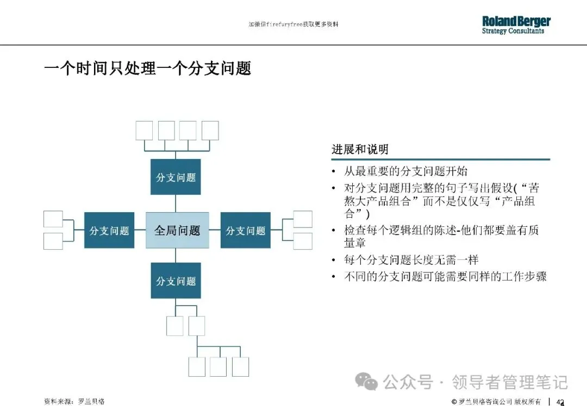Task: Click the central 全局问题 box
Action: click(x=177, y=231)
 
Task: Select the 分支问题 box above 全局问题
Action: click(x=176, y=177)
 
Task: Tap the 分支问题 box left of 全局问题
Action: click(x=109, y=231)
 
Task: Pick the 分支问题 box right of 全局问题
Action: click(x=245, y=231)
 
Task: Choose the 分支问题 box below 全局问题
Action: click(x=176, y=281)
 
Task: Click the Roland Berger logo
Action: click(x=516, y=22)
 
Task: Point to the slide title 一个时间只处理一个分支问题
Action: click(x=147, y=68)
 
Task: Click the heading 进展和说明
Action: click(x=360, y=149)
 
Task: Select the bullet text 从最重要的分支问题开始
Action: click(x=405, y=172)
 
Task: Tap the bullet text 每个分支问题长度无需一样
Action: click(x=411, y=260)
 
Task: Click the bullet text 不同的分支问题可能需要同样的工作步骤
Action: click(x=445, y=276)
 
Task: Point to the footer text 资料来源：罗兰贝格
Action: click(x=74, y=402)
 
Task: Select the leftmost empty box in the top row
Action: click(x=144, y=131)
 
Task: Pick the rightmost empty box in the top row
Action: click(x=210, y=131)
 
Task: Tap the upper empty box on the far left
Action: click(x=53, y=219)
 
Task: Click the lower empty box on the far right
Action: click(x=302, y=241)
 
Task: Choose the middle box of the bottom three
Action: click(x=218, y=367)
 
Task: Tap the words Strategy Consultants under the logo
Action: click(x=513, y=31)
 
